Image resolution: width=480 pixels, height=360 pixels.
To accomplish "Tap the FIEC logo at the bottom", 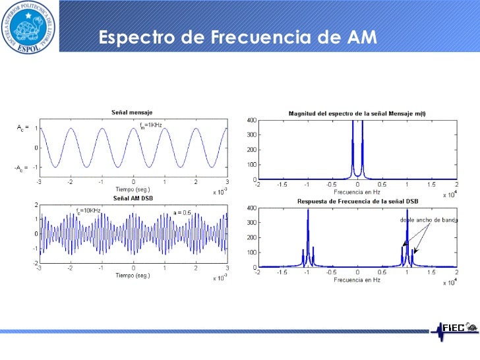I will [x=454, y=328].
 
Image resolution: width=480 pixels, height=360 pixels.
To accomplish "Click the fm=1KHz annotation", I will [x=150, y=125].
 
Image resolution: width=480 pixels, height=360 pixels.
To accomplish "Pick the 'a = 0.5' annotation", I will [x=183, y=212].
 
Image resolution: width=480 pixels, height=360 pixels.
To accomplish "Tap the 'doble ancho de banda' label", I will [x=429, y=220].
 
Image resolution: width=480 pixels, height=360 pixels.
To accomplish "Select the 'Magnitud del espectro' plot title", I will [x=357, y=113].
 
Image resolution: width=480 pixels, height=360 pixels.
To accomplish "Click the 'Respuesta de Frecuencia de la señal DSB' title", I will [x=357, y=201].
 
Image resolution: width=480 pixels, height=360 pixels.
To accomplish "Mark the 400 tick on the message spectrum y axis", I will [x=251, y=120].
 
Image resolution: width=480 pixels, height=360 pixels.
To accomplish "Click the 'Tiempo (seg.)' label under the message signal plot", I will [x=133, y=187].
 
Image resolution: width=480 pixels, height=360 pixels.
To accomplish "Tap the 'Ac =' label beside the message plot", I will [x=22, y=129].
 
